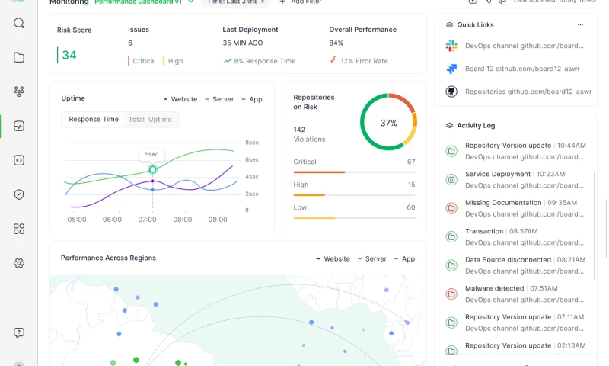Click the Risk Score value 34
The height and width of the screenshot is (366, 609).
coord(69,55)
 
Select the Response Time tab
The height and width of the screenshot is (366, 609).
coord(94,119)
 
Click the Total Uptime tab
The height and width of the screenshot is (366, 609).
coord(150,119)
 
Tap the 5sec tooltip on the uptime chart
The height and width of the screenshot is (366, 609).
coord(152,154)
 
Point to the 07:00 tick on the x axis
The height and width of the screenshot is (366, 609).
coord(147,220)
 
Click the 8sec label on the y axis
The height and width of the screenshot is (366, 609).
coord(252,143)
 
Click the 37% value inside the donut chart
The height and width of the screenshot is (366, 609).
coord(388,123)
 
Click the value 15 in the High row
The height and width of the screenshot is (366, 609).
coord(411,185)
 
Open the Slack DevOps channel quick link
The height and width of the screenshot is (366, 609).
coord(518,47)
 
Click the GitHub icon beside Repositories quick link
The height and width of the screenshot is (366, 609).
coord(451,91)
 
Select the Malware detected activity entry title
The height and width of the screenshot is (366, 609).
coord(494,289)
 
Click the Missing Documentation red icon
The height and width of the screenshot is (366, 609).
coord(451,207)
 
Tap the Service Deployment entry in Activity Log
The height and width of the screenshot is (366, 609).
coord(498,175)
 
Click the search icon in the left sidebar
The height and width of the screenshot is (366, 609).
coord(19,23)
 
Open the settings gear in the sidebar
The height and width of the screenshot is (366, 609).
coord(19,263)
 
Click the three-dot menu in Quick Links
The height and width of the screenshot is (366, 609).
coord(581,24)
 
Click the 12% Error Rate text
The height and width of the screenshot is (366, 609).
coord(364,61)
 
